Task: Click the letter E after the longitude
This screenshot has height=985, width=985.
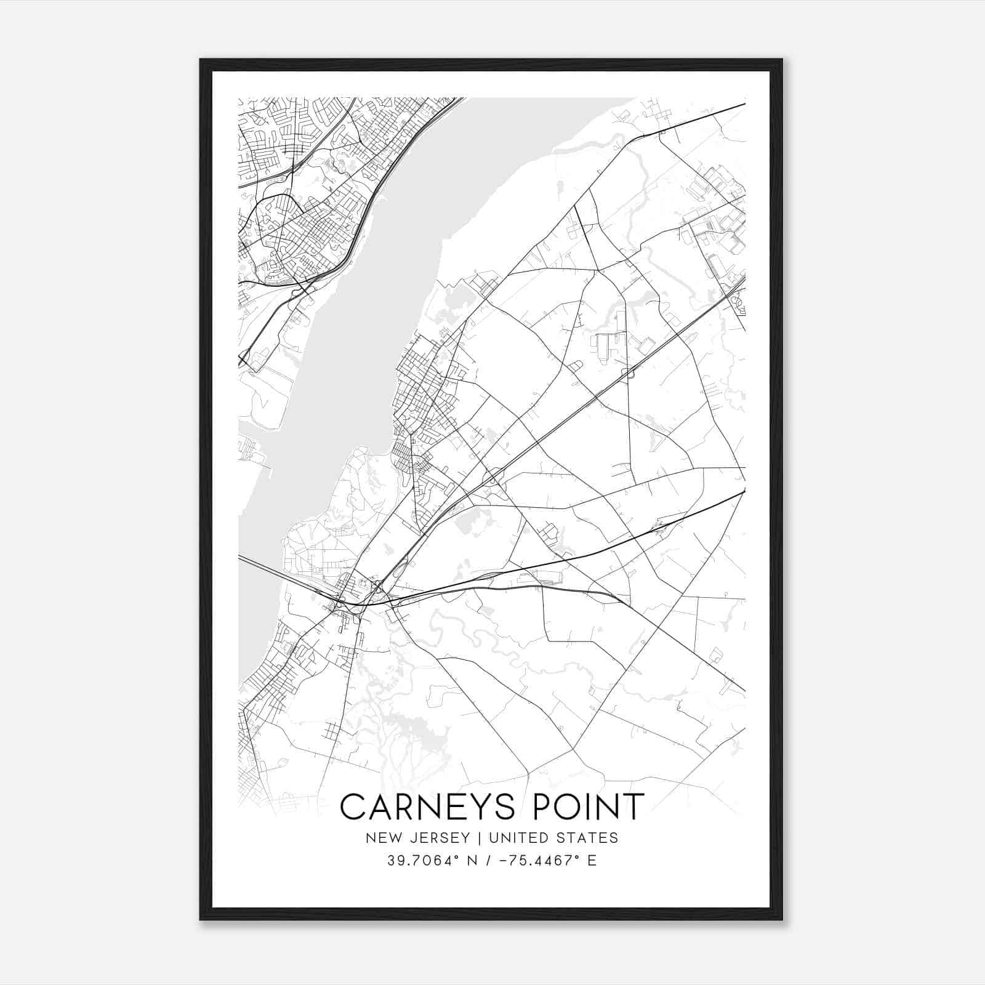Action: coord(592,861)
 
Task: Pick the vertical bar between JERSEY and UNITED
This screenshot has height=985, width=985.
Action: coord(471,838)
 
